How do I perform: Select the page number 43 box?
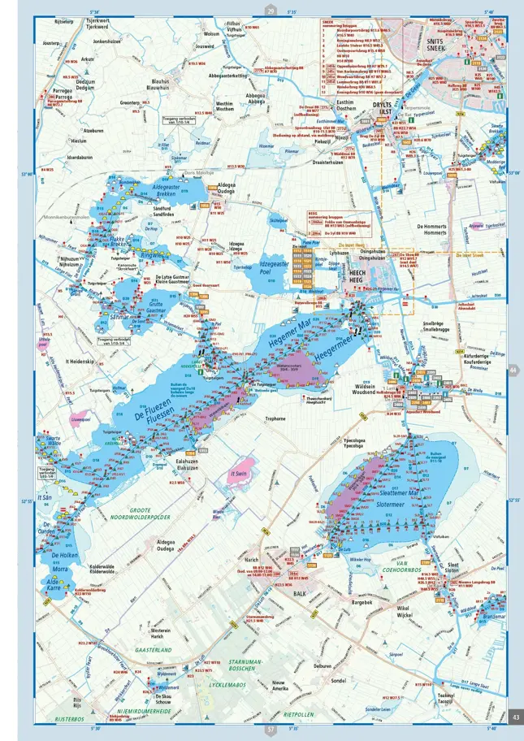(x=516, y=716)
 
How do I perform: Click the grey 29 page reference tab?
(x=271, y=11)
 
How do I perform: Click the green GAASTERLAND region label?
(x=153, y=650)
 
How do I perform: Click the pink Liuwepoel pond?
(x=80, y=420)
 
